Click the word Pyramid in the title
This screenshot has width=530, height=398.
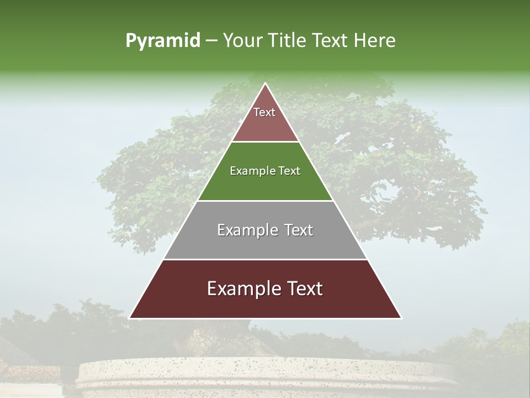click(x=162, y=41)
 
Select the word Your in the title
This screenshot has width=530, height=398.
click(x=241, y=40)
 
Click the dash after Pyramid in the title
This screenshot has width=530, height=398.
click(x=211, y=41)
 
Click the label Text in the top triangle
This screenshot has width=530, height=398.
click(x=264, y=112)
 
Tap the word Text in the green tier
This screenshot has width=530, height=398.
click(x=289, y=171)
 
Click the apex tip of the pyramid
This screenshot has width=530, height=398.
click(x=265, y=84)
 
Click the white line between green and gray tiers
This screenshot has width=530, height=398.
click(x=265, y=201)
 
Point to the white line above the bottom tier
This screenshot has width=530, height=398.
click(x=265, y=259)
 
